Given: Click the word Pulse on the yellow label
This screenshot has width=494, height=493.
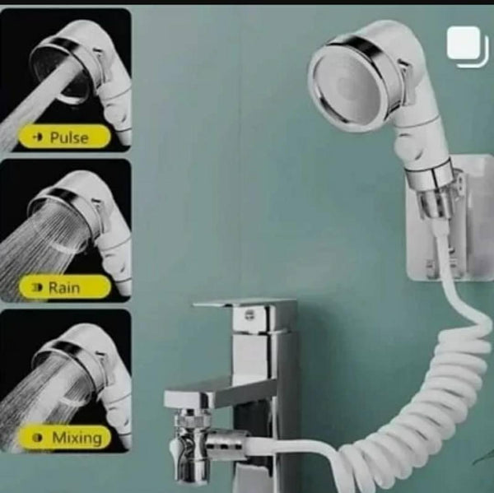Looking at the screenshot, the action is click(69, 137).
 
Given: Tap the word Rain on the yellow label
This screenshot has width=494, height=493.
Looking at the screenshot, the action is click(64, 287).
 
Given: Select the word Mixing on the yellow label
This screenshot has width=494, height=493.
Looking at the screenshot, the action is click(77, 438).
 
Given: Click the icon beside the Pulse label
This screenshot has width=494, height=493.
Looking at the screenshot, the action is click(38, 137).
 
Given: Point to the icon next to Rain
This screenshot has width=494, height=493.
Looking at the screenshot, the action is click(37, 287).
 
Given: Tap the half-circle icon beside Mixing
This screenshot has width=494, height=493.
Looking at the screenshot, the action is click(38, 438).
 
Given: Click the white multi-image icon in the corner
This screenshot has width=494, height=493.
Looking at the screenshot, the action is click(466, 46).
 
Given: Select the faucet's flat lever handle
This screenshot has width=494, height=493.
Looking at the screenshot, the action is click(245, 304).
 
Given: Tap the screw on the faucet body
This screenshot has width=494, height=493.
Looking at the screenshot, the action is click(249, 314).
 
